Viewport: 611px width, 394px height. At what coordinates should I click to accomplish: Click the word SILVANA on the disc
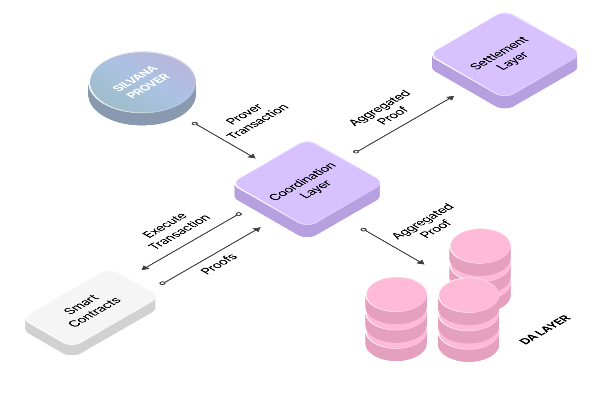135,78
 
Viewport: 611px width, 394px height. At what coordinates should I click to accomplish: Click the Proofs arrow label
219,264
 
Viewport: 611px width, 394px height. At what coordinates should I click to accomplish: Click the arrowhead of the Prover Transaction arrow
252,156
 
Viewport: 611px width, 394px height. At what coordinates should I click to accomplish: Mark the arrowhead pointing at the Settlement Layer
451,98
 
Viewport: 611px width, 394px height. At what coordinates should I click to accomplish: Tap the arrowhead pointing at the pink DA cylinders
421,262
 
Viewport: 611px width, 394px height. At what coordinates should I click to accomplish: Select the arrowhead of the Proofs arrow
257,230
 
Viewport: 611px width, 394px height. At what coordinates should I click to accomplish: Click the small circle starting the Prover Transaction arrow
195,124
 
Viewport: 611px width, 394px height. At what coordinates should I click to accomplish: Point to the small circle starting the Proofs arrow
162,283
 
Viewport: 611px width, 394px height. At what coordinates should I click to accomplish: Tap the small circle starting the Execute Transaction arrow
239,214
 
